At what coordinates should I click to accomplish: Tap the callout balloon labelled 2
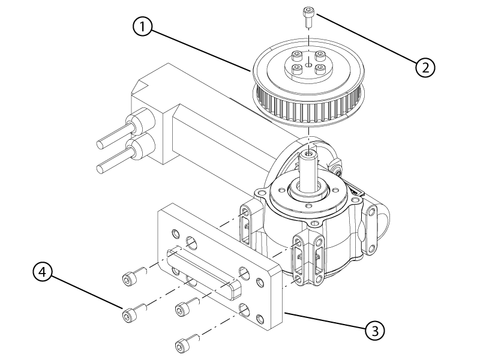coord(425,67)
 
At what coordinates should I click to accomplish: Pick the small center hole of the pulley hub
coord(308,65)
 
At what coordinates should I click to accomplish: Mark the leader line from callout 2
coord(366,42)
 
